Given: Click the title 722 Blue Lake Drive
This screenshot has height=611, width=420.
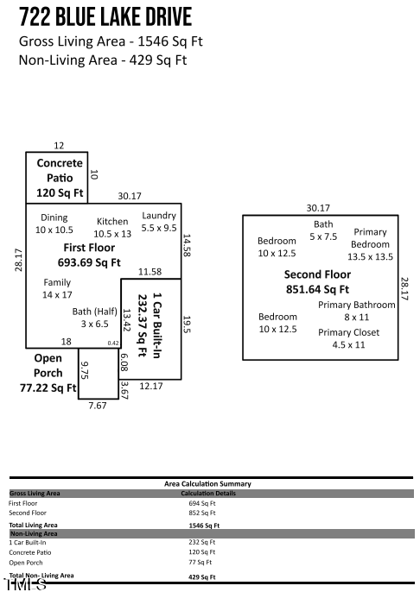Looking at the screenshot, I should point(105,17).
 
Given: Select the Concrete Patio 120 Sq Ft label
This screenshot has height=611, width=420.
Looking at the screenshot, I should point(60,178).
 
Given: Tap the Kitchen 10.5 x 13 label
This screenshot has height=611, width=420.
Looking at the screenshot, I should point(112,228).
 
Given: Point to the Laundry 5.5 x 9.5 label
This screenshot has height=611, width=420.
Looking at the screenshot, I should point(159,222).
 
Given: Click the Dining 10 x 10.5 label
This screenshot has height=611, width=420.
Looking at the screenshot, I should point(54,224).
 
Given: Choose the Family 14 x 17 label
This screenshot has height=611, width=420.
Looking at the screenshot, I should point(57,288).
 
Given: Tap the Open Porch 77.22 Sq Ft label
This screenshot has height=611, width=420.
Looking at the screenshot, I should point(48,373).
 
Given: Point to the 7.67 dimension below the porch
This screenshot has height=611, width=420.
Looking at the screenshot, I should point(98,406).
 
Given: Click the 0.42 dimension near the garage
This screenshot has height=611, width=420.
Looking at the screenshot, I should point(113,343).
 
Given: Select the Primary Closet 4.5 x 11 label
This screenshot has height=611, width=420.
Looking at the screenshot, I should point(348,338).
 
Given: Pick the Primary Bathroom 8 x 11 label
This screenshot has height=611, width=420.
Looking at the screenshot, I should point(356,311).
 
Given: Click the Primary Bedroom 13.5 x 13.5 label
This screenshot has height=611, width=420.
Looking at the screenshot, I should point(370,244).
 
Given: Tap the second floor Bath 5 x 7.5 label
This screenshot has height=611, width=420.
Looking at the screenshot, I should point(323,230).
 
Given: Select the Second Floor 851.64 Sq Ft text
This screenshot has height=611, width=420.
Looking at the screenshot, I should point(317,282).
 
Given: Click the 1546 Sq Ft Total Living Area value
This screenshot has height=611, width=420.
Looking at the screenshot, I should point(204,525).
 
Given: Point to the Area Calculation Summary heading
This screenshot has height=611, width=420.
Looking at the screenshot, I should point(207,484).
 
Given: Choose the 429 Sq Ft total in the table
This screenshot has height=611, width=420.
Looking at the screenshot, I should point(202,576).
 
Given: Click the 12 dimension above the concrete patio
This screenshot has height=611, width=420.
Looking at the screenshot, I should point(59,146).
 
